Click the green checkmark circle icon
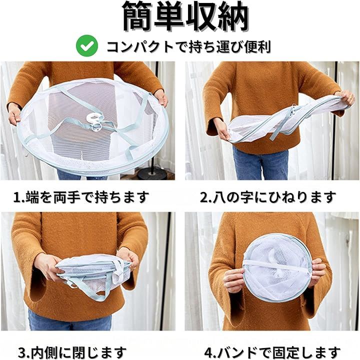coord(87,45)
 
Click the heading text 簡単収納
coord(185,16)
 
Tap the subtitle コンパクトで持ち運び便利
coord(188,46)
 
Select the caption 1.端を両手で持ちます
coord(81,197)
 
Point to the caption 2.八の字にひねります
coord(268,197)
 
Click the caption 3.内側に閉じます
coord(72,352)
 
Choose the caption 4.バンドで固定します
coord(272,352)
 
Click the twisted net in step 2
coord(287,121)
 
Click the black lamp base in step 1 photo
coord(152,173)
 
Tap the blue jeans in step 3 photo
coord(69,319)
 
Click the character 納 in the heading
coord(233,16)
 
